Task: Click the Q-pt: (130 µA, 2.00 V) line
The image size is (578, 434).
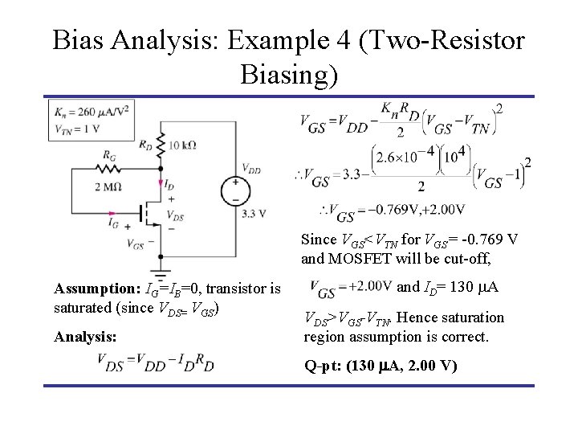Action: [381, 366]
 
